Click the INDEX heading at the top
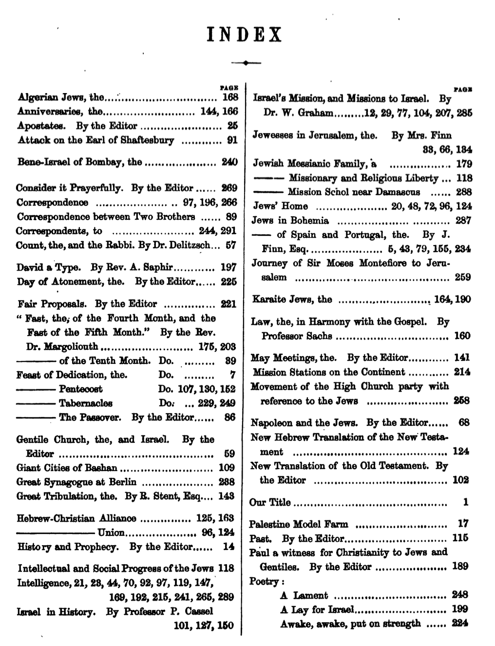click(x=245, y=36)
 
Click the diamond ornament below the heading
click(x=247, y=63)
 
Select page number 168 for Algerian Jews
click(x=229, y=97)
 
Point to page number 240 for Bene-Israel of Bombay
click(x=229, y=162)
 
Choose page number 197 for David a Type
click(x=228, y=267)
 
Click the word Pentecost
click(x=81, y=389)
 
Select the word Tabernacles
click(x=86, y=403)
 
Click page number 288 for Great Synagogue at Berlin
click(x=227, y=482)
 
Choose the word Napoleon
click(x=271, y=423)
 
